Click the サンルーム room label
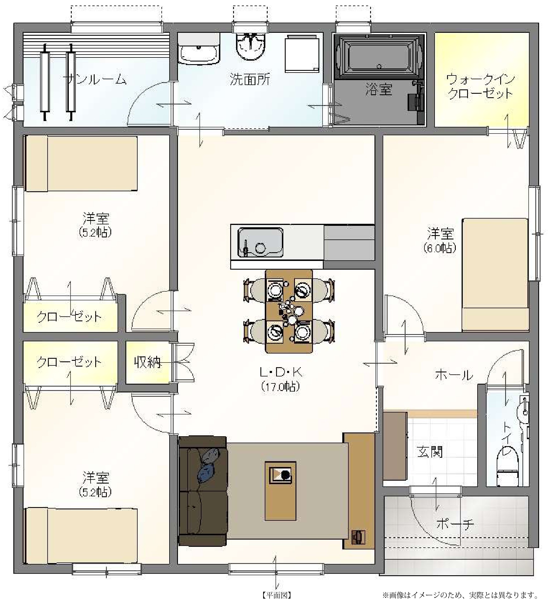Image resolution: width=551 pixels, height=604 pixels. tap(95, 80)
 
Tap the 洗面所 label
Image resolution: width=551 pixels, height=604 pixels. tap(250, 80)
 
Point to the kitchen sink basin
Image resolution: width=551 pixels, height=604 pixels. tap(260, 242)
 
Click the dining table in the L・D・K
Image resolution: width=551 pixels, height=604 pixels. tap(289, 311)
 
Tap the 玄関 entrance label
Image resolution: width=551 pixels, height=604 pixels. tap(430, 452)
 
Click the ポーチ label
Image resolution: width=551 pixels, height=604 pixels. tap(455, 524)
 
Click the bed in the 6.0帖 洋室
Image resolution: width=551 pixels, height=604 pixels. tap(495, 275)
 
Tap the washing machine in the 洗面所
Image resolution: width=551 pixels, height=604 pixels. tap(302, 53)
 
